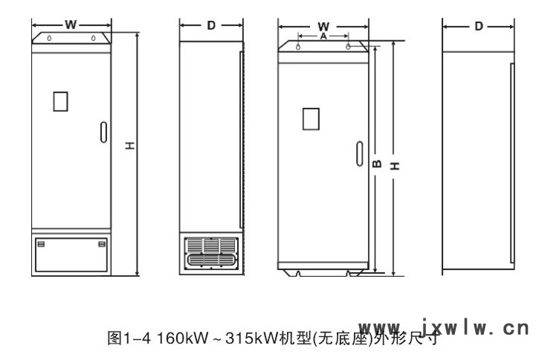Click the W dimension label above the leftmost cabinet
pos(71,25)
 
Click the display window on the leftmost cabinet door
pos(61,100)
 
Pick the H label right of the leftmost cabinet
pos(129,147)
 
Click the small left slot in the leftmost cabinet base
pos(40,244)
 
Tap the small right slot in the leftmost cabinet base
pos(102,244)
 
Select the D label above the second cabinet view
pos(211,25)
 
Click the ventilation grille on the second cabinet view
pos(210,252)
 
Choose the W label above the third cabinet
pos(323,26)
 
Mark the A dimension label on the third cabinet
pos(323,35)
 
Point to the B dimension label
pos(376,161)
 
